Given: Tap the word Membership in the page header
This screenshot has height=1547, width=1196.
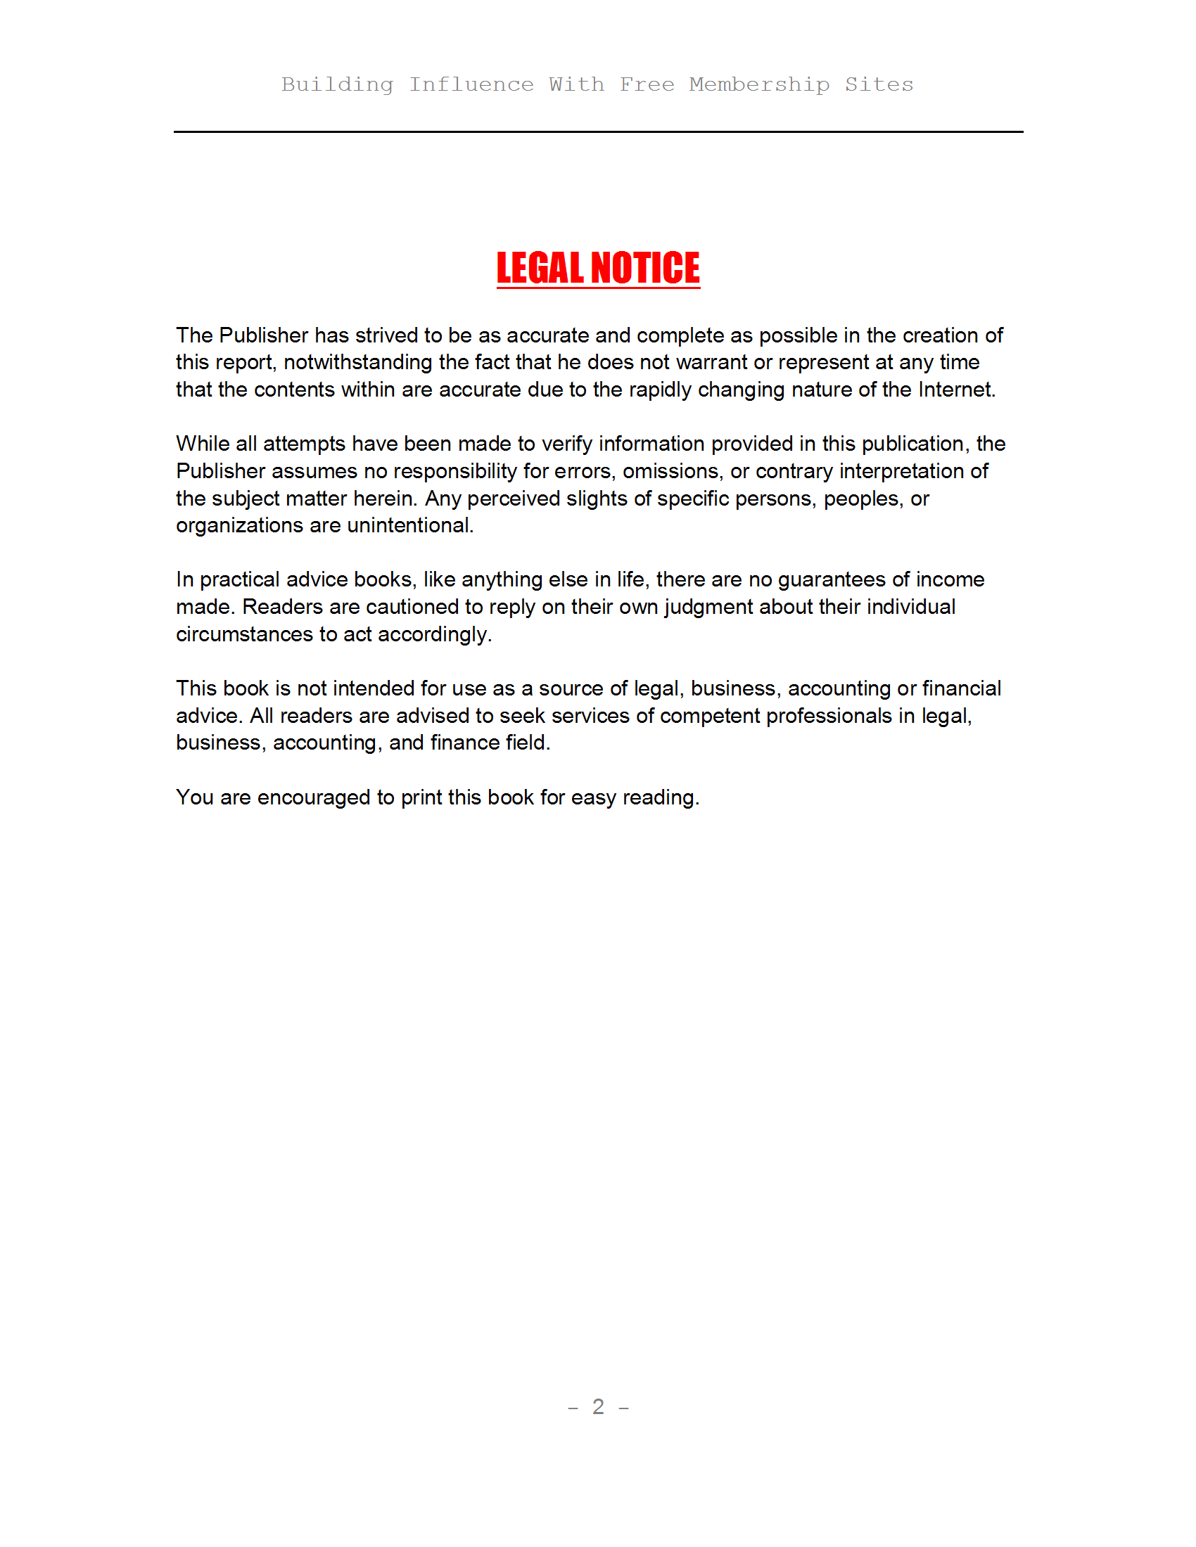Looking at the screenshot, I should [x=759, y=84].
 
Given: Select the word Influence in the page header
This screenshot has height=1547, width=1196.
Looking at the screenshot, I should [x=471, y=84].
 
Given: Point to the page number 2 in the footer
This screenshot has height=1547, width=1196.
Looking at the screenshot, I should [x=598, y=1406].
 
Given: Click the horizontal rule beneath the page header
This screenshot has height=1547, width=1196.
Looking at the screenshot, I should [x=598, y=131].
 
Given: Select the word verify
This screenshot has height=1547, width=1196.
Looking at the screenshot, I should [x=567, y=444].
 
